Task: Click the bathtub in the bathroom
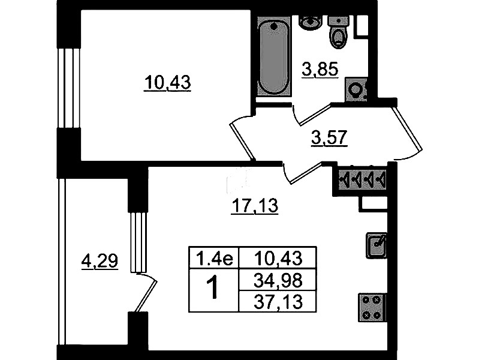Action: click(x=274, y=56)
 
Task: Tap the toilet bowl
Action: click(x=338, y=32)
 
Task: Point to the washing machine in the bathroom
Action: click(x=356, y=90)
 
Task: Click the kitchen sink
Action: click(x=376, y=245)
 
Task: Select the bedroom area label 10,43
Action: click(x=167, y=83)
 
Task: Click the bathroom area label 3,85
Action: click(x=320, y=70)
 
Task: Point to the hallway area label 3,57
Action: click(x=329, y=138)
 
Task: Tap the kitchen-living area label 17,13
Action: click(x=255, y=206)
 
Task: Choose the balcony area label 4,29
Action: click(x=100, y=262)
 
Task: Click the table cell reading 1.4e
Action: click(x=214, y=258)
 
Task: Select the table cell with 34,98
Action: click(x=278, y=280)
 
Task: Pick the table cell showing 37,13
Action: click(x=278, y=302)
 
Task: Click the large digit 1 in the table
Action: click(x=213, y=287)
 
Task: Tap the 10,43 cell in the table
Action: click(x=278, y=258)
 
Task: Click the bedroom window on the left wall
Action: click(x=69, y=88)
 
